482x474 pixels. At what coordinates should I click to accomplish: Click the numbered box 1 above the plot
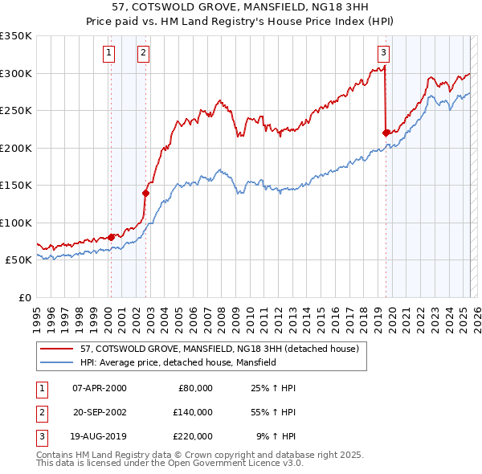coord(108,54)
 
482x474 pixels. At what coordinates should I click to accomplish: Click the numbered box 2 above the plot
coord(143,54)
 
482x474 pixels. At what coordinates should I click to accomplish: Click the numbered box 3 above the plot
coord(384,54)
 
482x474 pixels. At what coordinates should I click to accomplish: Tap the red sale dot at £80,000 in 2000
coord(111,237)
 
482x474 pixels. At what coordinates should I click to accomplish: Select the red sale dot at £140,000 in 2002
coord(146,193)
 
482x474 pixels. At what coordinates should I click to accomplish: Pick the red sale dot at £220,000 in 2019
coord(386,133)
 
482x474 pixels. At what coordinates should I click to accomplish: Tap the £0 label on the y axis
coord(24,297)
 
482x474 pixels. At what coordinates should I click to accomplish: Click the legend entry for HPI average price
coord(178,362)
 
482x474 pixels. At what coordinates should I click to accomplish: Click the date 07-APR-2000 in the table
coord(99,387)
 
